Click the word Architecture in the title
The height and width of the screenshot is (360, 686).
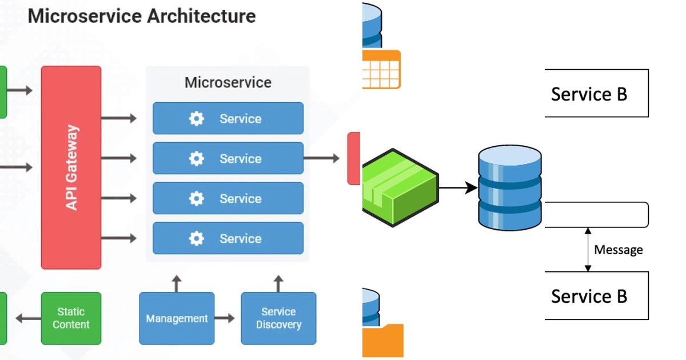(x=201, y=15)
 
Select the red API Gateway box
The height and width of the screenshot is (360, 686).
(x=71, y=167)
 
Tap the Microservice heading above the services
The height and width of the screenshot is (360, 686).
(x=228, y=82)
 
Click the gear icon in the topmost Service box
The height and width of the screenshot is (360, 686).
(x=196, y=119)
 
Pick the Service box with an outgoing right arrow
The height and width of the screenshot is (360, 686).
(x=228, y=158)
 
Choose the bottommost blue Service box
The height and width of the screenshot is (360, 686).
(x=228, y=238)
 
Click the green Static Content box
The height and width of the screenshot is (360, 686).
(x=71, y=318)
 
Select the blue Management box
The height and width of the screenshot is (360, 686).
(x=177, y=318)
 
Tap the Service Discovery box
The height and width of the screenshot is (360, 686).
(x=278, y=318)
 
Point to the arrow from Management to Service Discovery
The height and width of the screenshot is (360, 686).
(x=225, y=318)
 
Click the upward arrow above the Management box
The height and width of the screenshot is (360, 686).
(x=177, y=283)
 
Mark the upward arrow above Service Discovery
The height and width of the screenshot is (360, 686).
(x=278, y=283)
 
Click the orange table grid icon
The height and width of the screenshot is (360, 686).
(x=382, y=69)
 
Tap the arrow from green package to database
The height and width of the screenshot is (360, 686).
(x=457, y=187)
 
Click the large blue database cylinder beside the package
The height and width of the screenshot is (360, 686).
(x=509, y=187)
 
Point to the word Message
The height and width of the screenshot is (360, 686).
(x=619, y=250)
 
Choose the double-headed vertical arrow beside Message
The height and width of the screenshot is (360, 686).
(x=587, y=249)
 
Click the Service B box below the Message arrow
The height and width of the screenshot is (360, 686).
(x=596, y=295)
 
